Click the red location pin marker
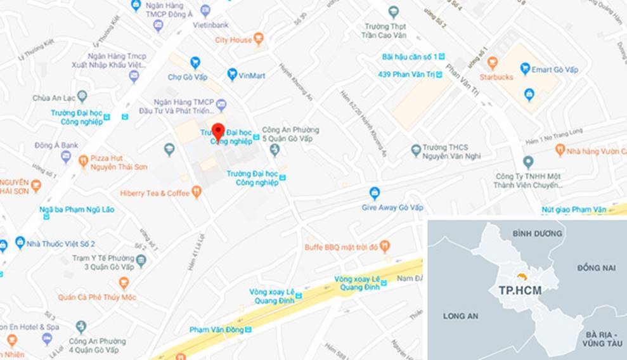pos(218,131)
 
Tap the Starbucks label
pos(496,77)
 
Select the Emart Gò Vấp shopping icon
pos(525,68)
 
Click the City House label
pos(233,39)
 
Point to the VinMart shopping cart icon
pos(232,75)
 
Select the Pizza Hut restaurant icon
pos(83,162)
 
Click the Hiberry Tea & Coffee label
pos(155,193)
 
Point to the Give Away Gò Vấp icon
pos(375,193)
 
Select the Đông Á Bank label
pos(56,145)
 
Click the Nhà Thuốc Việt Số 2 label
pos(61,243)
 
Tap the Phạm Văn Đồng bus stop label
pos(216,330)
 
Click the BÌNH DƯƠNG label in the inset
pos(537,233)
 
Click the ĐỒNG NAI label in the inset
pos(596,268)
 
